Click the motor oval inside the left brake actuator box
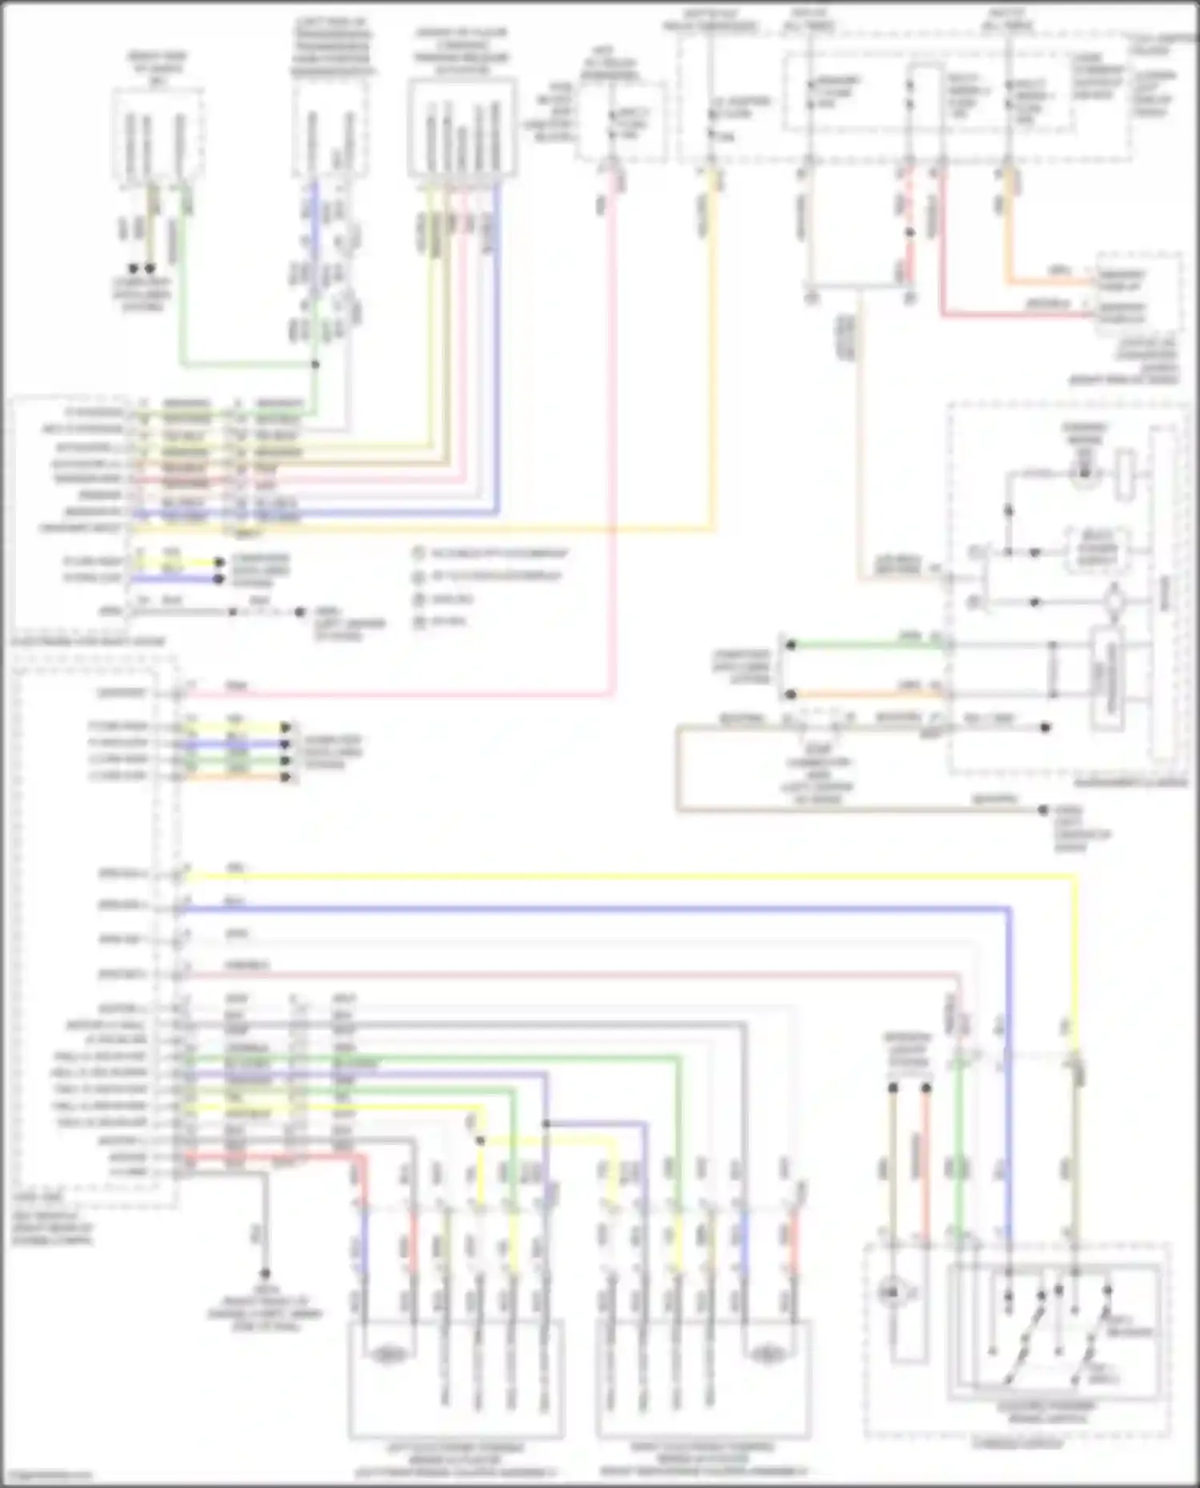click(x=388, y=1354)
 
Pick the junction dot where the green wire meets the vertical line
click(x=315, y=365)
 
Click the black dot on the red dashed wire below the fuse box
click(x=910, y=233)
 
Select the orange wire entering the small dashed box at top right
click(x=1048, y=281)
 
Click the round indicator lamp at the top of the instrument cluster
click(x=1084, y=473)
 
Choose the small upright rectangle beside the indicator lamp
click(x=1126, y=469)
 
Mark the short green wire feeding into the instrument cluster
click(x=864, y=644)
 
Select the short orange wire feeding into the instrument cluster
click(x=864, y=694)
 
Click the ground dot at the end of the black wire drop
click(x=264, y=1274)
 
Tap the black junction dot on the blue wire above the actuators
click(x=546, y=1123)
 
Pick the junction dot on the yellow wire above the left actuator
click(x=480, y=1141)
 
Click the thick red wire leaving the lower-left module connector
click(x=272, y=1157)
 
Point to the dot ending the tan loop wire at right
click(x=1043, y=810)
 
